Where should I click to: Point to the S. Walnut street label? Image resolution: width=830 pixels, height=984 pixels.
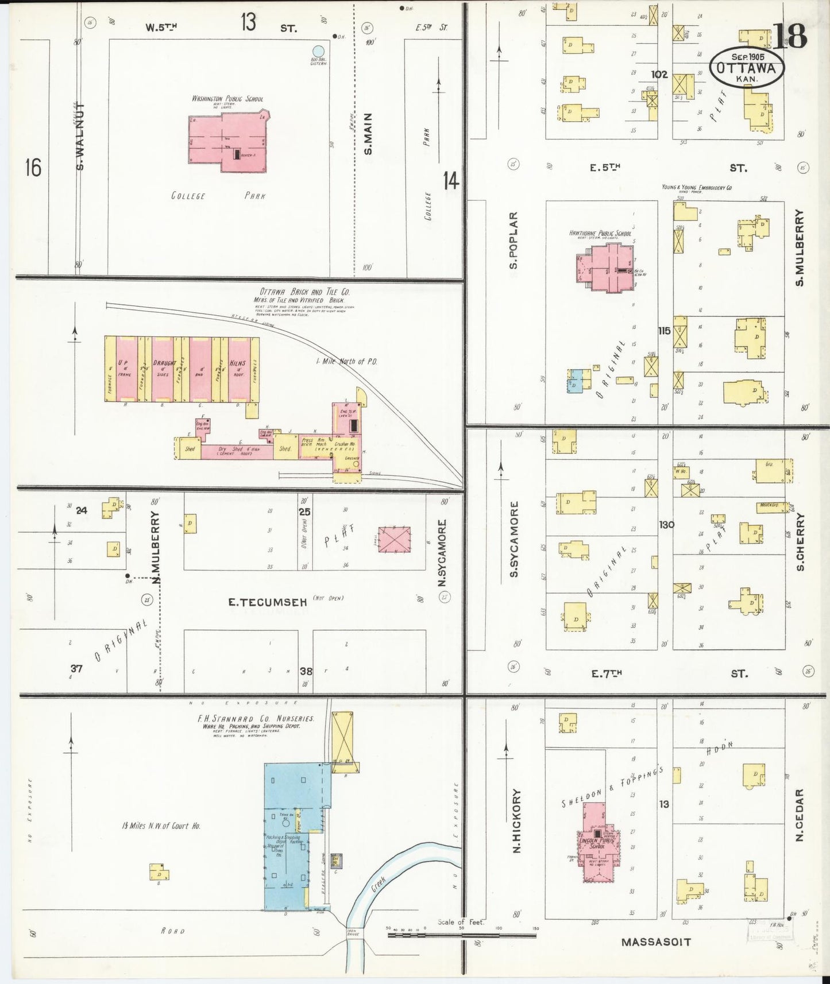80,137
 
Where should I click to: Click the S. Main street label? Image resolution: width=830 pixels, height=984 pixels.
368,134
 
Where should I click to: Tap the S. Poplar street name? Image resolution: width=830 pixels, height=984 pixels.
514,240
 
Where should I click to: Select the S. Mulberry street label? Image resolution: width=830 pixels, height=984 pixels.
799,247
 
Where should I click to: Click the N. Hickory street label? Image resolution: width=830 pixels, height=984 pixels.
516,820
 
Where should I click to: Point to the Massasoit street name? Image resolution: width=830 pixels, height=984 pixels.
656,942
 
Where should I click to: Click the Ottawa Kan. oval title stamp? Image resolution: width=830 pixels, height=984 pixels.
746,68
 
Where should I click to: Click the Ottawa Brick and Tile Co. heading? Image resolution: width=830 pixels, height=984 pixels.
304,292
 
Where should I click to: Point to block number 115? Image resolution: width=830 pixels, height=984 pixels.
664,331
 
